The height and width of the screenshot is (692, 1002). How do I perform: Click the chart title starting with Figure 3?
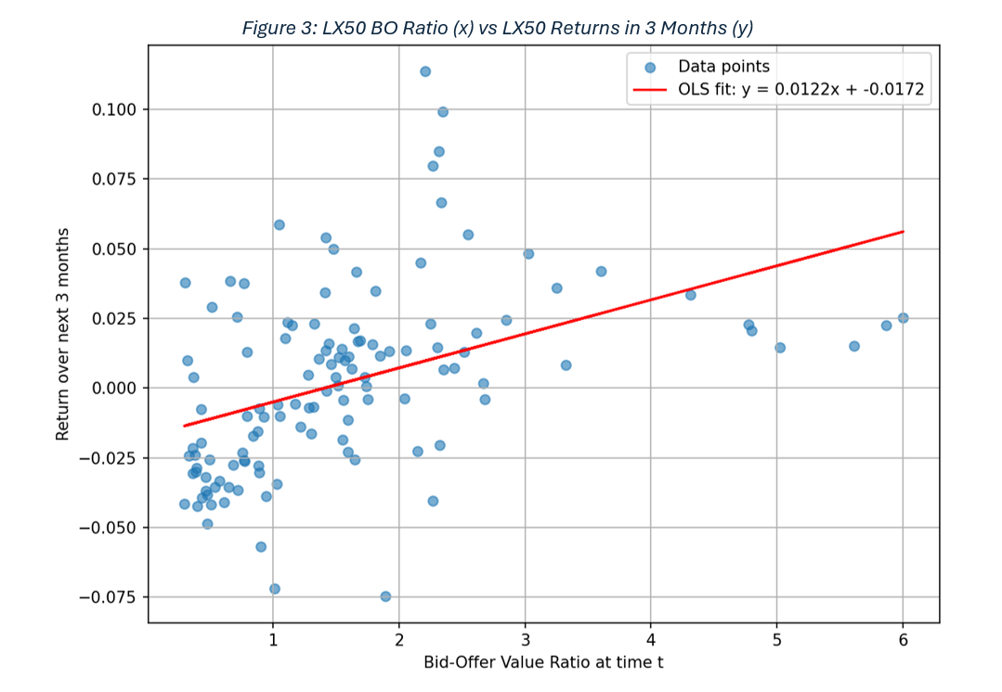(x=497, y=28)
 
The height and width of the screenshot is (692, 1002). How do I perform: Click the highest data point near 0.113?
(x=425, y=71)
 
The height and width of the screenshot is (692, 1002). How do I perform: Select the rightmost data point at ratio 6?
(x=903, y=318)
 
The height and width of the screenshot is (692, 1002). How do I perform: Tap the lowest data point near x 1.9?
(x=385, y=596)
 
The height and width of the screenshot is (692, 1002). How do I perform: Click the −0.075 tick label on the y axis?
(x=108, y=597)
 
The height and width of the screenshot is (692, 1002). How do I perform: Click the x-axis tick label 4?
(x=651, y=641)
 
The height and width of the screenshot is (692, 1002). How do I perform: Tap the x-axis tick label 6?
(x=903, y=641)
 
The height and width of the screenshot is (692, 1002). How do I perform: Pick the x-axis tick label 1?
(x=273, y=641)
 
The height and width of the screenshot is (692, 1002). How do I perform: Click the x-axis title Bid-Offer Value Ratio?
(x=543, y=662)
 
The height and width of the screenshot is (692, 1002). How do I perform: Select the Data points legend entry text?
(x=723, y=67)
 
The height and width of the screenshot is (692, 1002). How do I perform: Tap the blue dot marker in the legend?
(x=650, y=68)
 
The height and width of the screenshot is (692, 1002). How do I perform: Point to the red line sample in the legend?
(x=650, y=90)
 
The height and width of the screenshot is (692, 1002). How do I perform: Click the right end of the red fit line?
(x=903, y=232)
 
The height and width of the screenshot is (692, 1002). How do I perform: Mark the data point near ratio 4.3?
(x=690, y=295)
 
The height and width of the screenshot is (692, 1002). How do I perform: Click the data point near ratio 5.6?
(x=854, y=346)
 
